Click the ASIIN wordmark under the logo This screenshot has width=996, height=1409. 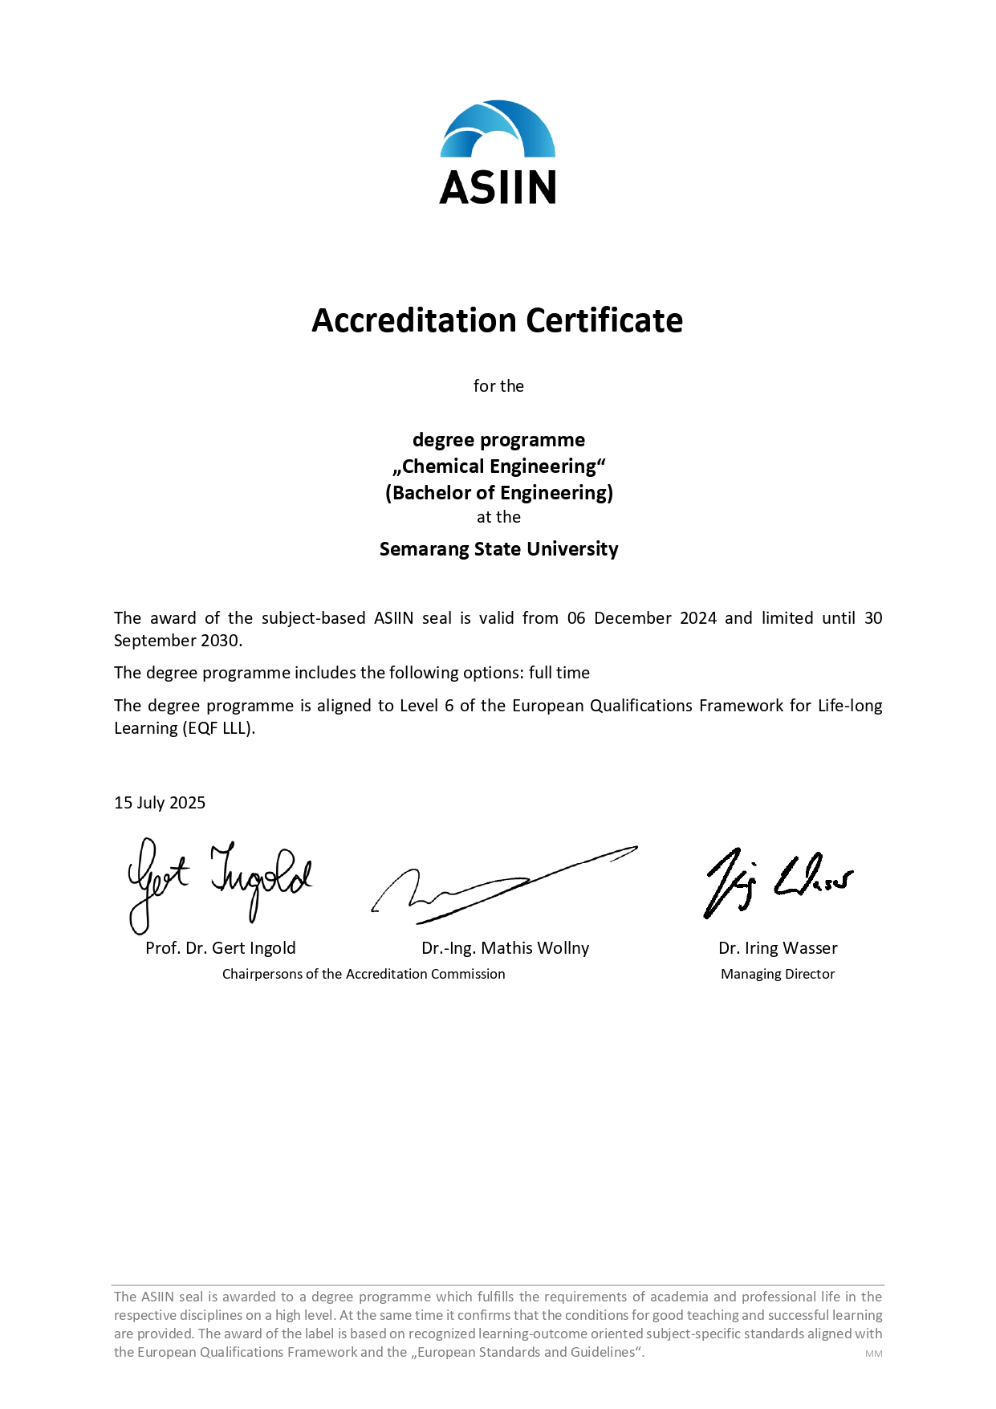pyautogui.click(x=498, y=187)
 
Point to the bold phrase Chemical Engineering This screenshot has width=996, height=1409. pyautogui.click(x=499, y=466)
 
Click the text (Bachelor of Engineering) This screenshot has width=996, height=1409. pyautogui.click(x=498, y=493)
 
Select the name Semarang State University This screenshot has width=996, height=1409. pyautogui.click(x=498, y=549)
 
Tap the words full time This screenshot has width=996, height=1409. pyautogui.click(x=559, y=673)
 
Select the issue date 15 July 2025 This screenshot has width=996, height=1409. pyautogui.click(x=160, y=803)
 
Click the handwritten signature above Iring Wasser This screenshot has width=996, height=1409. pyautogui.click(x=777, y=882)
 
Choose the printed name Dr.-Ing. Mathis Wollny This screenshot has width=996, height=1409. pyautogui.click(x=505, y=948)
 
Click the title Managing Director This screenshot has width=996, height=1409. pyautogui.click(x=778, y=974)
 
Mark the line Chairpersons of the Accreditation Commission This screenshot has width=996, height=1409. pyautogui.click(x=364, y=974)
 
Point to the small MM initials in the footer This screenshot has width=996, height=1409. pyautogui.click(x=873, y=1354)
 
